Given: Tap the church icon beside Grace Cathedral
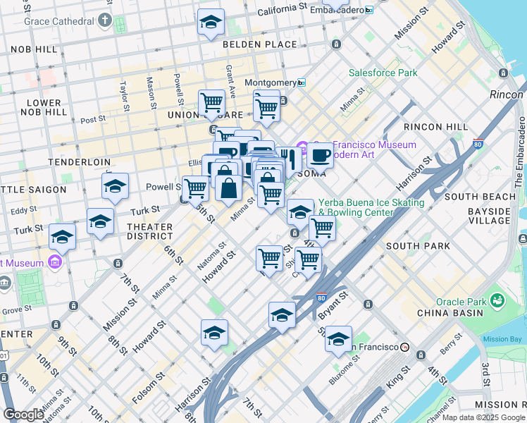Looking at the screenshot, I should [x=105, y=20].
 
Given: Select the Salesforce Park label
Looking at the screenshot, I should [x=383, y=73].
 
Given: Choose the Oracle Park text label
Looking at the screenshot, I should [x=459, y=302].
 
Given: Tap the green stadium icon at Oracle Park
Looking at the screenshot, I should [x=499, y=301].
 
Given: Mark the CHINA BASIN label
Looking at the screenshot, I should [x=459, y=313].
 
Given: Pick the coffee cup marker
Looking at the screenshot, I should [x=320, y=154].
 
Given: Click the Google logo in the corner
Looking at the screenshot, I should [x=23, y=415].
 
